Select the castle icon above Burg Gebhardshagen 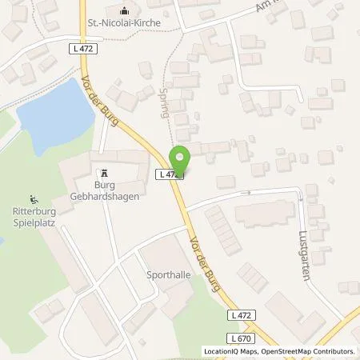click(x=102, y=173)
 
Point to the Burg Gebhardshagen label click(x=102, y=191)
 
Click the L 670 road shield click(x=234, y=339)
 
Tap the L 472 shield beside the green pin click(x=169, y=174)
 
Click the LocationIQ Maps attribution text click(x=231, y=351)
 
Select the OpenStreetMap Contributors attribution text click(x=309, y=351)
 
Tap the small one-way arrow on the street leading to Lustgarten click(x=248, y=193)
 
